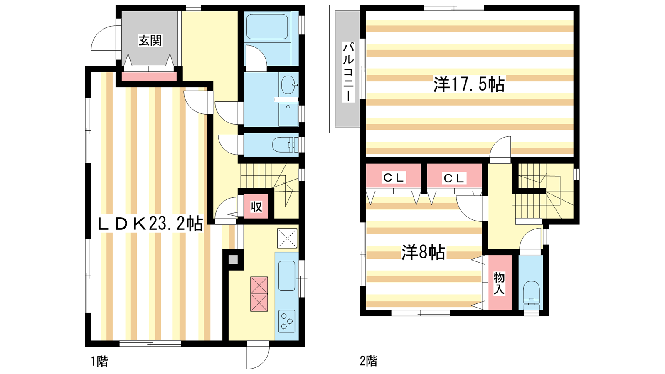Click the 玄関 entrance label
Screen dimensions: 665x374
click(x=150, y=41)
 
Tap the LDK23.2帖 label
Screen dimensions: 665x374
click(x=150, y=224)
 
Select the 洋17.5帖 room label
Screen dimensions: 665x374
click(x=469, y=85)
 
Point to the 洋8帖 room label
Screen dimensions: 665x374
click(x=423, y=253)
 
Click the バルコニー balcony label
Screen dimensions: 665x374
click(x=349, y=72)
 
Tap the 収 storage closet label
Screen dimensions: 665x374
click(x=256, y=207)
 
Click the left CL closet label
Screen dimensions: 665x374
click(x=394, y=178)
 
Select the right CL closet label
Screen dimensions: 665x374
click(x=453, y=178)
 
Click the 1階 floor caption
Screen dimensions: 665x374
click(x=99, y=361)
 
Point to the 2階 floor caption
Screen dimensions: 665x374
click(x=369, y=361)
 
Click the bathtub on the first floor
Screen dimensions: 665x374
click(x=267, y=27)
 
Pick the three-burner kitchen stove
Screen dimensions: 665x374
click(x=286, y=321)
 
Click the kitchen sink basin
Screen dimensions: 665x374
click(x=286, y=276)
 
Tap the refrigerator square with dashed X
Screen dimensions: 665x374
click(x=287, y=238)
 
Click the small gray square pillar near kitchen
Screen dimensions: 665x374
click(x=233, y=260)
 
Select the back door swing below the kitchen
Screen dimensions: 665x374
click(x=258, y=357)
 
